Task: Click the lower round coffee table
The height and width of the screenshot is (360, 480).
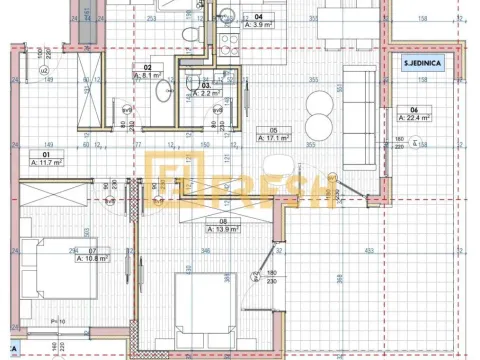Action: point(321,126)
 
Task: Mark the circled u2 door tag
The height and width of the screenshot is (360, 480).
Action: point(44,72)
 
